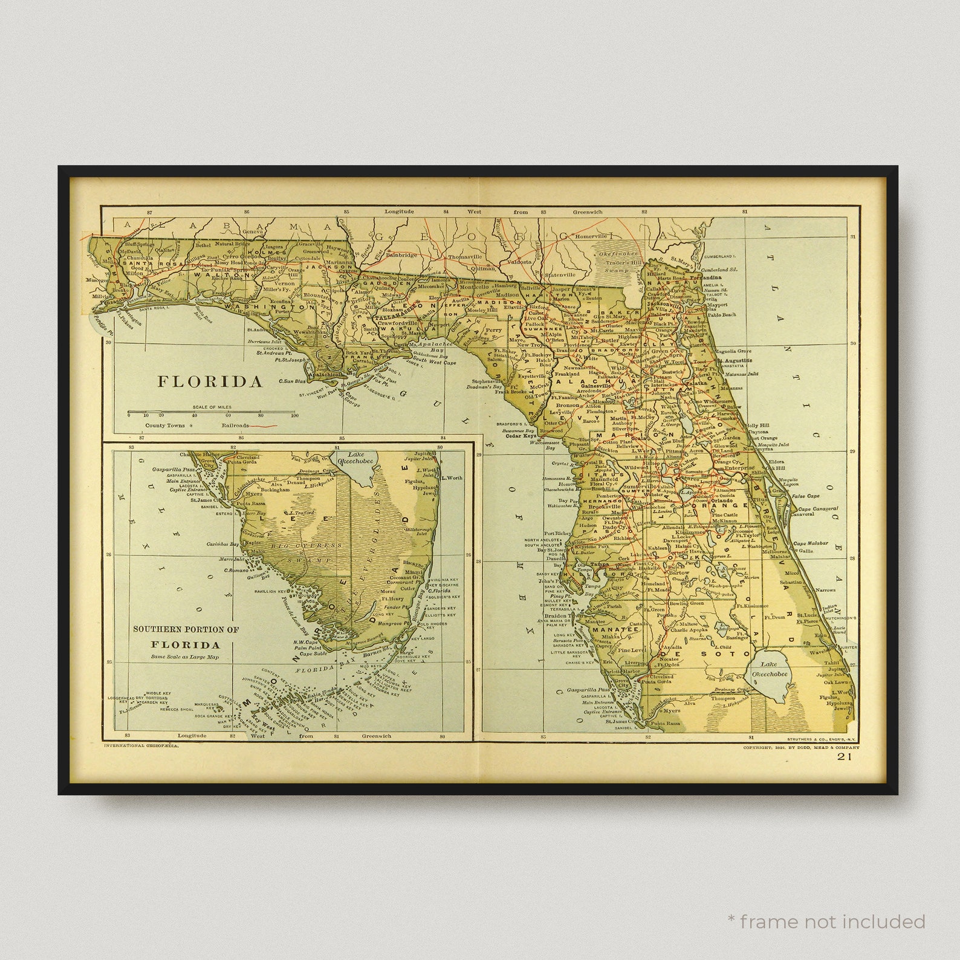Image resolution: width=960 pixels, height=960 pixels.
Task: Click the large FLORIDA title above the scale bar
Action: [x=210, y=381]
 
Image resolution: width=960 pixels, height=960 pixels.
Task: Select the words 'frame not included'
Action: [x=832, y=921]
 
